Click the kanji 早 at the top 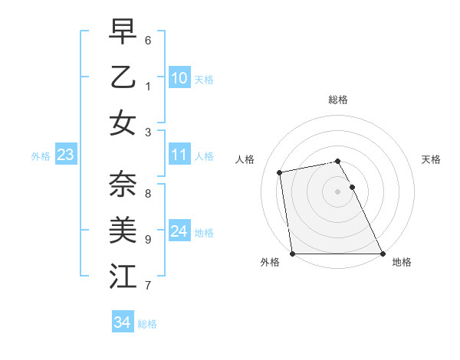pyautogui.click(x=123, y=31)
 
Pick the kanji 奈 pyautogui.click(x=123, y=184)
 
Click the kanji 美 pyautogui.click(x=123, y=229)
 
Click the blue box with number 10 pyautogui.click(x=179, y=78)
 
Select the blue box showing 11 pyautogui.click(x=179, y=155)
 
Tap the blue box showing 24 pyautogui.click(x=179, y=231)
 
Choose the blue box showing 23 pyautogui.click(x=66, y=155)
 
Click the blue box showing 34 pyautogui.click(x=122, y=322)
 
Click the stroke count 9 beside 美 pyautogui.click(x=148, y=239)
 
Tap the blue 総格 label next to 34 pyautogui.click(x=147, y=324)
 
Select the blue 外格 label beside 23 pyautogui.click(x=41, y=156)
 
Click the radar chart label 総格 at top pyautogui.click(x=338, y=100)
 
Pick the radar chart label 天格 pyautogui.click(x=432, y=159)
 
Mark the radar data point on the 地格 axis pyautogui.click(x=383, y=254)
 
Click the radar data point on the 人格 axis pyautogui.click(x=281, y=172)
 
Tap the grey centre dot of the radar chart pyautogui.click(x=338, y=191)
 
